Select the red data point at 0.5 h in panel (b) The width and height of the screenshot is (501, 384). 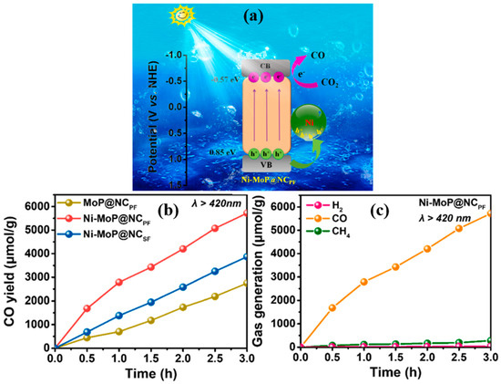click(x=87, y=308)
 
